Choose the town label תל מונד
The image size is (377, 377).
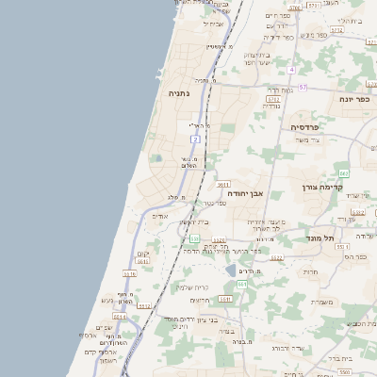pyautogui.click(x=321, y=238)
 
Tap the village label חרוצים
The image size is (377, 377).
pyautogui.click(x=199, y=300)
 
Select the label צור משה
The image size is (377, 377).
pyautogui.click(x=308, y=139)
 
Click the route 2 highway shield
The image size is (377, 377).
pyautogui.click(x=196, y=139)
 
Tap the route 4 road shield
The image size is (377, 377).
pyautogui.click(x=292, y=70)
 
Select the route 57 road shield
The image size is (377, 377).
pyautogui.click(x=303, y=87)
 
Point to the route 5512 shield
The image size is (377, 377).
pyautogui.click(x=144, y=305)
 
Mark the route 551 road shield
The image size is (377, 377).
pyautogui.click(x=241, y=283)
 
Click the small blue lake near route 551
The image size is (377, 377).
pyautogui.click(x=230, y=270)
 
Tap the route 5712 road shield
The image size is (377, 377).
pyautogui.click(x=273, y=98)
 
